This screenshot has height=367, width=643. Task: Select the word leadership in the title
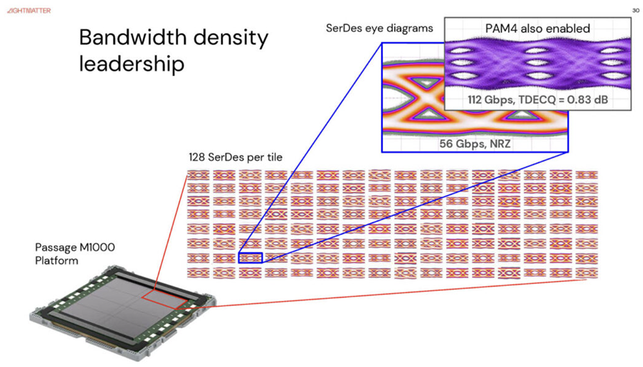click(x=131, y=64)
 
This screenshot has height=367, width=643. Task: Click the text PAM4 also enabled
click(x=537, y=28)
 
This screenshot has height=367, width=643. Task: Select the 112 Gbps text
click(x=491, y=99)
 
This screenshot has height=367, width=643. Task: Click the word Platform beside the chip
click(x=57, y=260)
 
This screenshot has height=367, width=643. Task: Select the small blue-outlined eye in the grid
click(x=250, y=258)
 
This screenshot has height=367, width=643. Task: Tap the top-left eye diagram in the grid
click(x=198, y=175)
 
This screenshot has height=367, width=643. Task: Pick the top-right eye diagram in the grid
click(x=586, y=175)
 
